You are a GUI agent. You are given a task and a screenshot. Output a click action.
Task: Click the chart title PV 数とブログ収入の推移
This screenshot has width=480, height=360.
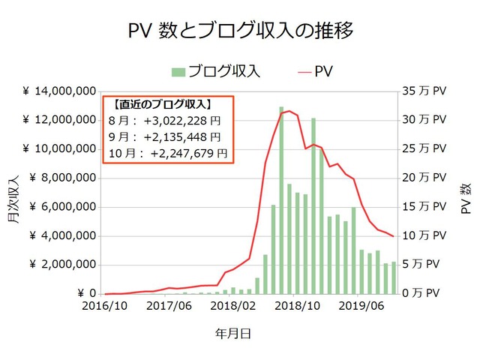[x=240, y=31]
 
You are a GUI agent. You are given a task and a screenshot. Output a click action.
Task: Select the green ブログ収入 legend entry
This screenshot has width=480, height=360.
[x=216, y=72]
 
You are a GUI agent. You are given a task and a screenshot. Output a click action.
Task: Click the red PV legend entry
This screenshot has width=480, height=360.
[x=316, y=72]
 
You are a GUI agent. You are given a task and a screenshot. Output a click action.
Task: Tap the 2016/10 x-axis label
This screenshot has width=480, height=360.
[x=105, y=307]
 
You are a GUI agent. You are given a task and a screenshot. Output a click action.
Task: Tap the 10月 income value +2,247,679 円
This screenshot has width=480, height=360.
[x=188, y=153]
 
